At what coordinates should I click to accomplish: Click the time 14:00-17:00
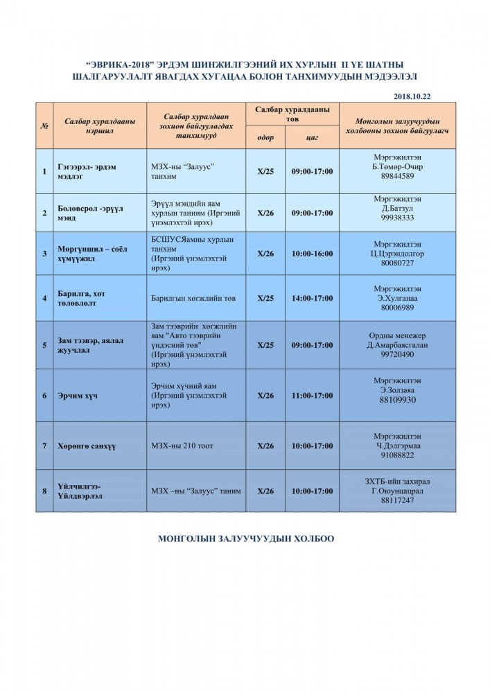[313, 299]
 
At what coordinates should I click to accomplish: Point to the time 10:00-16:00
[313, 254]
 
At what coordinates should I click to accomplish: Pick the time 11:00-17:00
[313, 396]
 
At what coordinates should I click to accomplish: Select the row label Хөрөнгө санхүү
[87, 447]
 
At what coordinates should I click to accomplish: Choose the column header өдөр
[265, 137]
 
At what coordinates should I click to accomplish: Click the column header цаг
[313, 137]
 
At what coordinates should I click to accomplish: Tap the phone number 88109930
[398, 401]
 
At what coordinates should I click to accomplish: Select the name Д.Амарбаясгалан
[398, 345]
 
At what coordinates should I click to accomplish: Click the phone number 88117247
[398, 500]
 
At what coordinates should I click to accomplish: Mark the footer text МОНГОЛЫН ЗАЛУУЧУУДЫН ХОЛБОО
[246, 538]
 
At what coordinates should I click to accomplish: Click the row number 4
[44, 299]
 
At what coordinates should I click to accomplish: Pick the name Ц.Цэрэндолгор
[398, 254]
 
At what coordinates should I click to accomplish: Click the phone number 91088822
[398, 455]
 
